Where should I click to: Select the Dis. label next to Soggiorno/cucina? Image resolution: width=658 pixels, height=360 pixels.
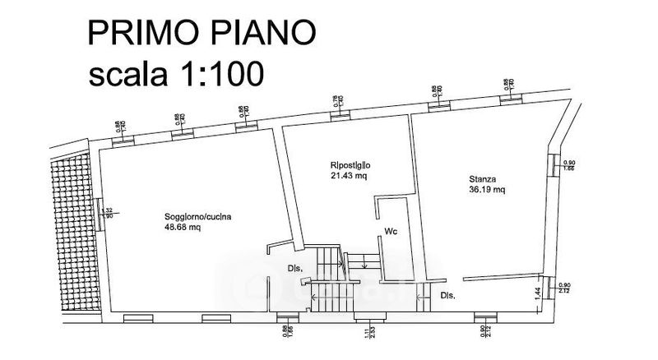tap(296, 268)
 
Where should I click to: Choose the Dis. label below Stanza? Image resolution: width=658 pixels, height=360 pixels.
tap(448, 295)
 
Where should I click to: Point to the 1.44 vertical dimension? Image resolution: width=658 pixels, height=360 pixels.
tap(539, 292)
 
